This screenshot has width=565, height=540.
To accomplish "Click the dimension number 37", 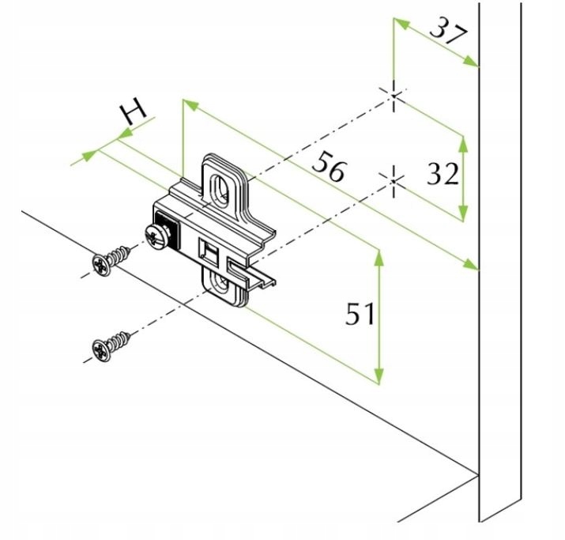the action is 448,32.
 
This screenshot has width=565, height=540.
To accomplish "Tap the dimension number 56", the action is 330,167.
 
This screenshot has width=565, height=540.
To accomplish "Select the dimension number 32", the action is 443,174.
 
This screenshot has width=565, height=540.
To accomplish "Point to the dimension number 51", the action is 360,313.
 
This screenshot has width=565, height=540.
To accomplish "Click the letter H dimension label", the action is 133,111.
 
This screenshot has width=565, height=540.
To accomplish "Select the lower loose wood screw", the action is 111,346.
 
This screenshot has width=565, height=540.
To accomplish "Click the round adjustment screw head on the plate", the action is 158,236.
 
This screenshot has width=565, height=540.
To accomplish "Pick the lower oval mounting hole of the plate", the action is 223,282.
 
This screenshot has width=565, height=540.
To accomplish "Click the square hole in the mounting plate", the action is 209,252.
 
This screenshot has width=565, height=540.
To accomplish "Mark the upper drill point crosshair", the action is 394,95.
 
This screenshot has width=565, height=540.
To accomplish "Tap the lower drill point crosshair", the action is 394,181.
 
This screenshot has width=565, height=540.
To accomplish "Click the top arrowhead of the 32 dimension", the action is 463,143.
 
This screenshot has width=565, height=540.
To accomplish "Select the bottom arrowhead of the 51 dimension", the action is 379,376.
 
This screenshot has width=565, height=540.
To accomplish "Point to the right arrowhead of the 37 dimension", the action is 471,62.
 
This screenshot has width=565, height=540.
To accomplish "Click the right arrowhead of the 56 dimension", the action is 471,264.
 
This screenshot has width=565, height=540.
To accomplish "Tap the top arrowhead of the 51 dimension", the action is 379,258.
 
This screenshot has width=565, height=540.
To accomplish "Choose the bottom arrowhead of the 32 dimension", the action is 463,213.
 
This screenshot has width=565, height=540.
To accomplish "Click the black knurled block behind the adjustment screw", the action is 168,230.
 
